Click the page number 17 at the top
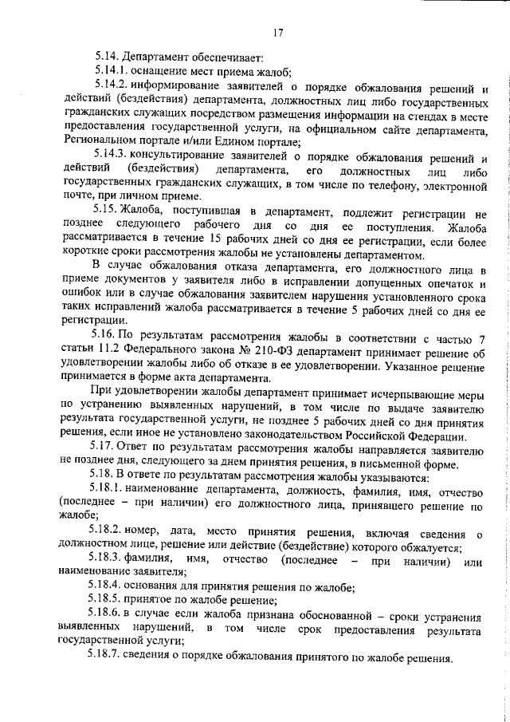(x=277, y=32)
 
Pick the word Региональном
(x=96, y=144)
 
